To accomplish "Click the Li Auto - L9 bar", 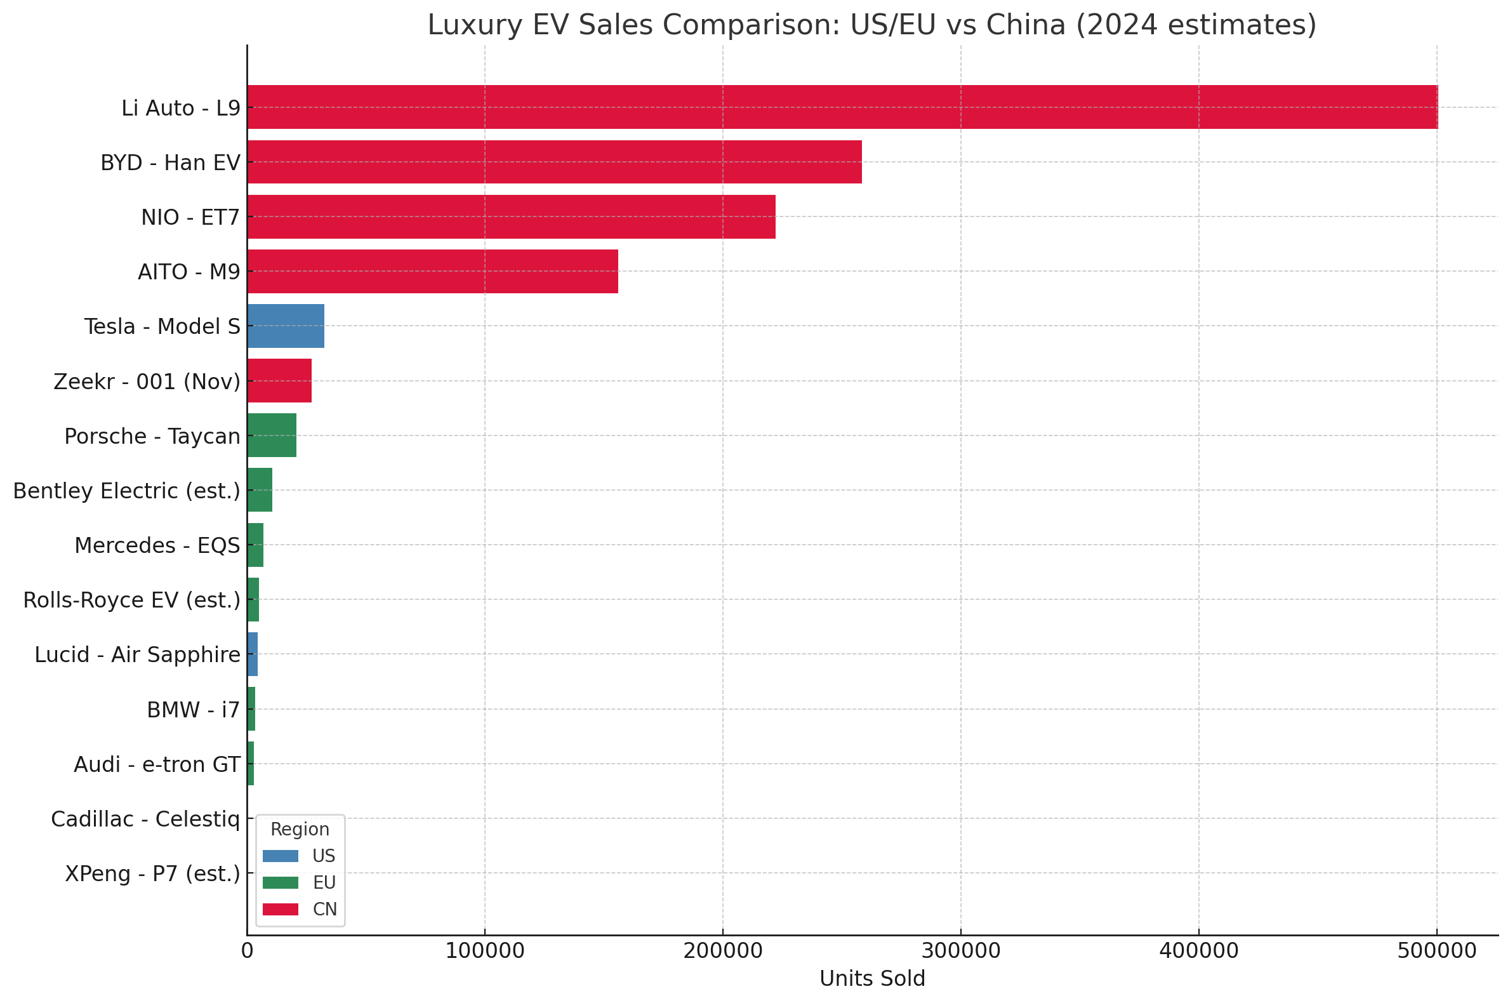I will (x=842, y=107).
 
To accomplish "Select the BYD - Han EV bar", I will (x=554, y=162).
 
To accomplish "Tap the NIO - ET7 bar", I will (x=511, y=217).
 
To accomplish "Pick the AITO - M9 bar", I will (x=432, y=271).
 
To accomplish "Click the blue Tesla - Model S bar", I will (x=285, y=326).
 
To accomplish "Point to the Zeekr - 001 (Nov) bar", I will (x=279, y=381).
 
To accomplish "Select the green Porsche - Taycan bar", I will (x=271, y=435).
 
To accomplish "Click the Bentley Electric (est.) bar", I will (x=260, y=490).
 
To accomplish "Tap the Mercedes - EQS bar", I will (x=255, y=545).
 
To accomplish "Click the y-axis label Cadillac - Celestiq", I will (x=145, y=820).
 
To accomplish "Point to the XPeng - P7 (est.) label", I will (x=152, y=873).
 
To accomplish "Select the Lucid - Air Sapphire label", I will (x=137, y=655).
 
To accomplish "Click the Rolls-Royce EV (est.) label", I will (x=131, y=601).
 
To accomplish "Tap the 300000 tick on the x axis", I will (x=960, y=951).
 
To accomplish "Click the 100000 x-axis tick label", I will (x=485, y=951).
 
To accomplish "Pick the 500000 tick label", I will (x=1436, y=951).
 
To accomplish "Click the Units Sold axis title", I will (x=871, y=980).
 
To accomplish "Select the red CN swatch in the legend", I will (x=280, y=910).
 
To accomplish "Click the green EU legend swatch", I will (x=280, y=883).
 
